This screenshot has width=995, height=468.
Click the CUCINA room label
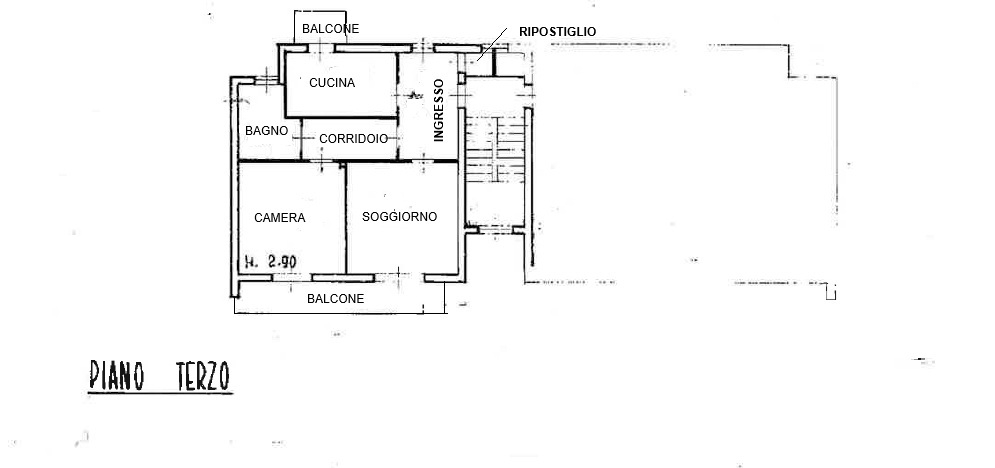(332, 83)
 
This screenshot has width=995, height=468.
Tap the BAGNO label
(267, 131)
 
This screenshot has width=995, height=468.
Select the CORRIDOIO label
(354, 140)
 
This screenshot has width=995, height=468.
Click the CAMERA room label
(279, 218)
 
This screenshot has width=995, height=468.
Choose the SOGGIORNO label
(399, 217)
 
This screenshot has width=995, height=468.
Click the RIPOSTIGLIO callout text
(557, 32)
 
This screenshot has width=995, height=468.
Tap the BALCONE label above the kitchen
(330, 29)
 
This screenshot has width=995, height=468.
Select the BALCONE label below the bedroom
(335, 299)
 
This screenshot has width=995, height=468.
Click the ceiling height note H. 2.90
(270, 262)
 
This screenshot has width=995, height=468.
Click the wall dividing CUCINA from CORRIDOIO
(340, 118)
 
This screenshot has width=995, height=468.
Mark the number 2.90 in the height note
(282, 262)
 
